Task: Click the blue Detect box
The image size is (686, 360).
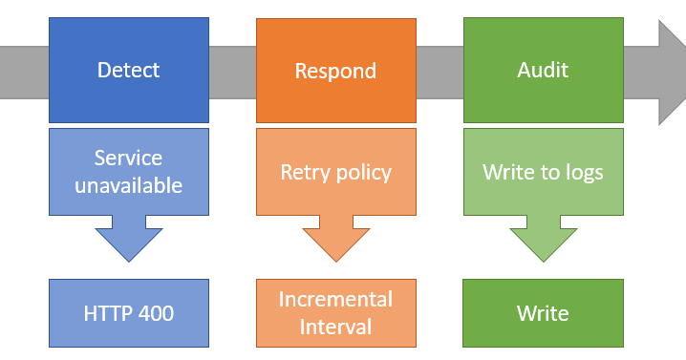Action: (x=128, y=70)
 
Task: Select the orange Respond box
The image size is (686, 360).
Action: (x=335, y=70)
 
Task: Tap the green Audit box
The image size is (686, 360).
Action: (x=543, y=70)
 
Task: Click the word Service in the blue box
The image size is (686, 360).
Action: (x=128, y=159)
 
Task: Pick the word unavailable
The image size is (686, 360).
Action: (x=128, y=185)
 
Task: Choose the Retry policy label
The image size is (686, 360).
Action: (x=335, y=172)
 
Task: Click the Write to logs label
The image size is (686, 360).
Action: (x=543, y=172)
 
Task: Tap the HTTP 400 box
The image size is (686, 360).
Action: (x=128, y=312)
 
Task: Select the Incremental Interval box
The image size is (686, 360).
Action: (x=335, y=312)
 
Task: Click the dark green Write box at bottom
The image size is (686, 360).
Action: (x=543, y=312)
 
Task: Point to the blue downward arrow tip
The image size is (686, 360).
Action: (x=128, y=258)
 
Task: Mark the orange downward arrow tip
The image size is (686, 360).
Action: (x=335, y=258)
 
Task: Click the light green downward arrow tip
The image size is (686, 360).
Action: (x=543, y=258)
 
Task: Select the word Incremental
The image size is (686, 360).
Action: (x=335, y=299)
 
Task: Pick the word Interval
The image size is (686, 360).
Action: (x=335, y=327)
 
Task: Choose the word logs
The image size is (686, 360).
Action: (x=583, y=173)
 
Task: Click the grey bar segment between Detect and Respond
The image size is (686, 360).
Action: (x=232, y=71)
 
